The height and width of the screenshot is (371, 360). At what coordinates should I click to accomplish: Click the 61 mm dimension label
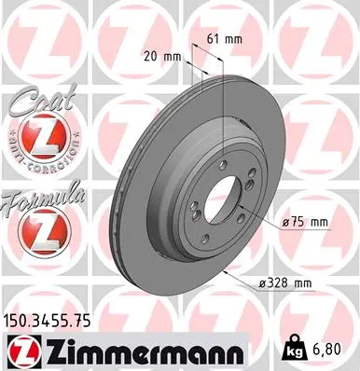218,40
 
